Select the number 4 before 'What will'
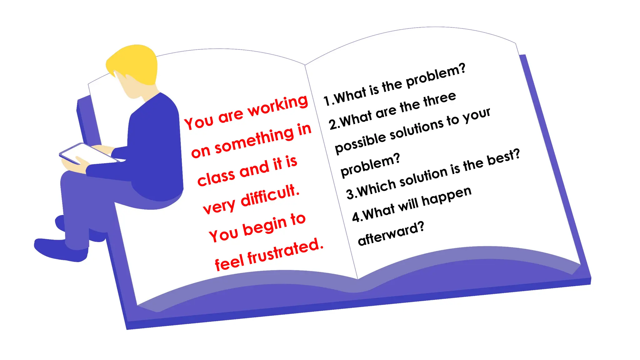(356, 217)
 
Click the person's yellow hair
(133, 64)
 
